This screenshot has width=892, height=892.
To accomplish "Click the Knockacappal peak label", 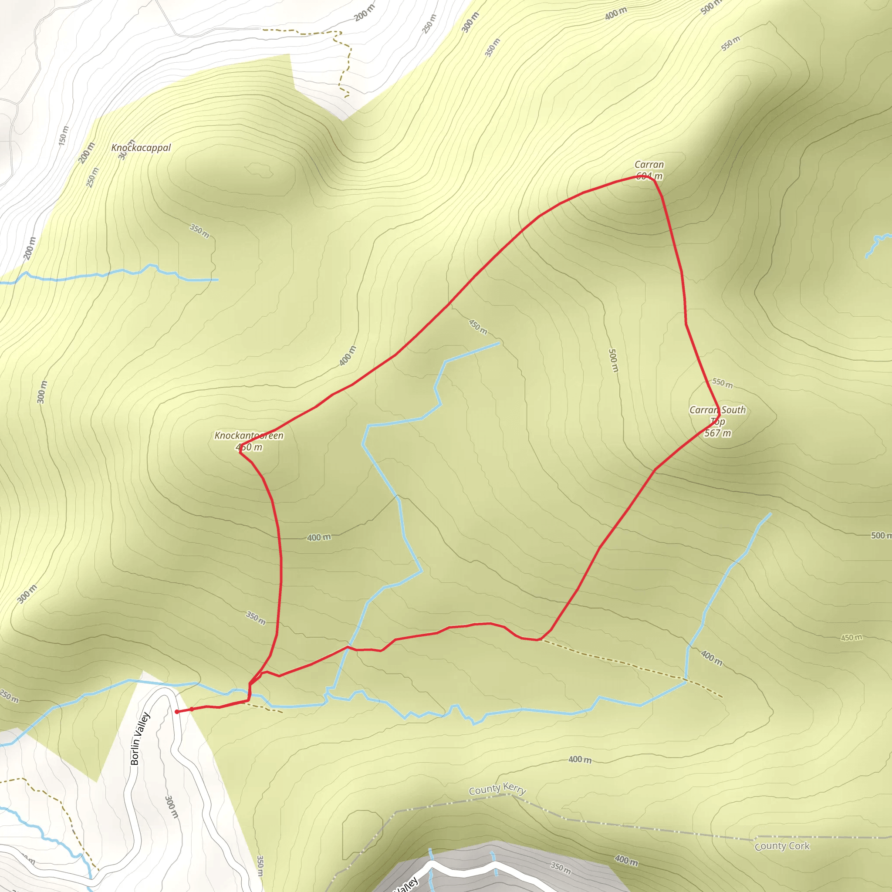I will click(141, 148).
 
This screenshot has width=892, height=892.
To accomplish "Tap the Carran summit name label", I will click(649, 164).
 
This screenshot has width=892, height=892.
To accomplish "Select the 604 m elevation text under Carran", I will click(649, 176).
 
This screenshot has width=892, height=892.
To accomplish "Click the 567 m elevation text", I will click(717, 433).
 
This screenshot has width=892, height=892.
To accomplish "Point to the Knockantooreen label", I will click(249, 436).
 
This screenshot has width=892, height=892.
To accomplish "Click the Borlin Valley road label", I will click(140, 739).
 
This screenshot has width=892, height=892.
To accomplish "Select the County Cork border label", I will click(782, 846).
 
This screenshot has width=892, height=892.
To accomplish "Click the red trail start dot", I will click(177, 712).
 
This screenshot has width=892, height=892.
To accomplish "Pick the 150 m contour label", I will click(63, 136).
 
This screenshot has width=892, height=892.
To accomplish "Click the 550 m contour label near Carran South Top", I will click(722, 383).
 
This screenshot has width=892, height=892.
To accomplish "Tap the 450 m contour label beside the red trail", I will click(478, 327).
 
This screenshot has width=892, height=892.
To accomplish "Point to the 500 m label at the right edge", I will click(880, 536).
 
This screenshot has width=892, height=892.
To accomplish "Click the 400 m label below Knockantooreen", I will click(319, 537).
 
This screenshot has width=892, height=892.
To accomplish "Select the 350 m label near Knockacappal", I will click(199, 231).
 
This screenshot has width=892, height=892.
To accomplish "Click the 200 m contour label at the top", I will click(365, 13).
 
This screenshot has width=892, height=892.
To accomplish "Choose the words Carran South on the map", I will click(717, 410).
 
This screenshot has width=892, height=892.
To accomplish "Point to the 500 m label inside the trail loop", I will click(613, 361).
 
